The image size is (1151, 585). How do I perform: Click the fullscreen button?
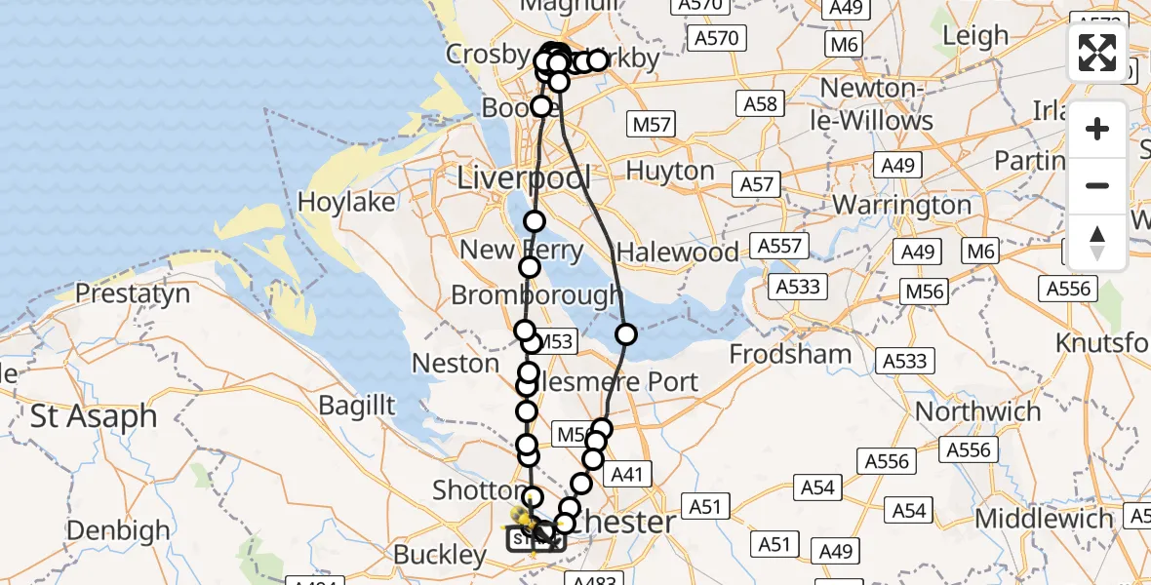pos(1097,53)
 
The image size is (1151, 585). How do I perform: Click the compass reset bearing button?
pos(1097,242)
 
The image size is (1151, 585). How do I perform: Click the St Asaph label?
pos(94,416)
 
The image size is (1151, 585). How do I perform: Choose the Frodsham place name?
pos(790,353)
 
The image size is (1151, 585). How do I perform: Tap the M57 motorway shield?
pos(652,125)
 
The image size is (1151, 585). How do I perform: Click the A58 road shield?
pos(760,105)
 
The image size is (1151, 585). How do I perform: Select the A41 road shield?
pos(629,474)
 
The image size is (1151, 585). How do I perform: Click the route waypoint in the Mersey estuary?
pos(625,334)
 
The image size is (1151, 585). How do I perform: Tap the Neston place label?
pos(456,364)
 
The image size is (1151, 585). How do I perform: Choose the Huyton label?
pos(670,171)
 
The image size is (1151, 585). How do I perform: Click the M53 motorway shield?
pos(553,341)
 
